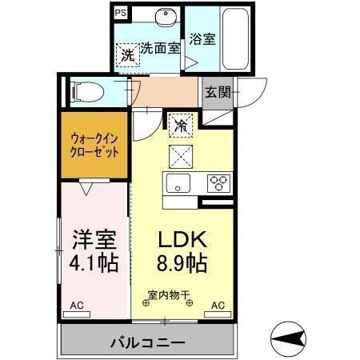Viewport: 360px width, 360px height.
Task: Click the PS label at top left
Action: pos(120,14)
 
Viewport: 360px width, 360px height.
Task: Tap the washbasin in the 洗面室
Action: pos(166,21)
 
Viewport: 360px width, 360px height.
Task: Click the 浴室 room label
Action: pos(202,38)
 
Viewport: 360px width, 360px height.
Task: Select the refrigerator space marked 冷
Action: pos(181,124)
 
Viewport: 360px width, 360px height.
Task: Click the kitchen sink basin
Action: pos(176,181)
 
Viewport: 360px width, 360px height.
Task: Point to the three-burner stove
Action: pos(218,181)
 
